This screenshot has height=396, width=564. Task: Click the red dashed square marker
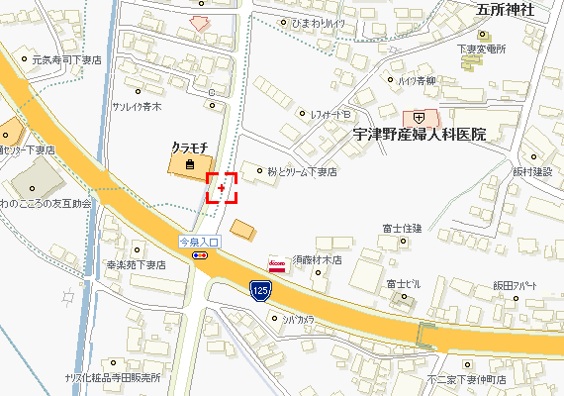point(222,187)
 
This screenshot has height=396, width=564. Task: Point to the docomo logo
point(278,264)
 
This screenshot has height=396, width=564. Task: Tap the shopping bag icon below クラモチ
point(189,164)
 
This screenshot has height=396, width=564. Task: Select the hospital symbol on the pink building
point(419,116)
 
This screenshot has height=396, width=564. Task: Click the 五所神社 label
point(506,11)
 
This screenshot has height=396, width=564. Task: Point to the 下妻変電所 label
point(482,49)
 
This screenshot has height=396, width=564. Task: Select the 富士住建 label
point(402,229)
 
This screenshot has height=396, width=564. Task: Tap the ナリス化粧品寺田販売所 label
point(111,378)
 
